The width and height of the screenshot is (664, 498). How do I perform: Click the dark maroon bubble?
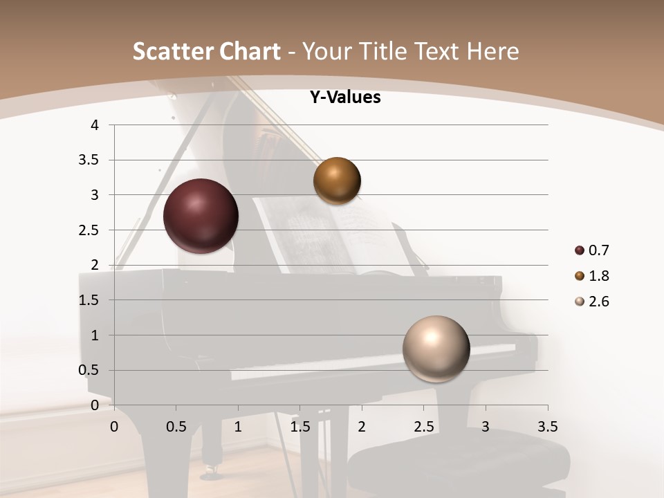[x=201, y=216]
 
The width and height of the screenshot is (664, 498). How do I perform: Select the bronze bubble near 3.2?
[x=337, y=181]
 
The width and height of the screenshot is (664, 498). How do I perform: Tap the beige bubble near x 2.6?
[x=436, y=349]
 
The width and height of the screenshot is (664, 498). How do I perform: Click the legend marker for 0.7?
[x=579, y=250]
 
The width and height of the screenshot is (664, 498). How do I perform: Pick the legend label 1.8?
[x=598, y=276]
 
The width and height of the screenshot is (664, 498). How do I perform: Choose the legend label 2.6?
[x=598, y=302]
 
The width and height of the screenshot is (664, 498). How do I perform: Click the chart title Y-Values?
[x=345, y=98]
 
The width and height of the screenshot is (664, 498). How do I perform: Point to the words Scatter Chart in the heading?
[x=206, y=51]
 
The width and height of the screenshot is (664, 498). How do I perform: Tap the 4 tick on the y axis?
[x=95, y=125]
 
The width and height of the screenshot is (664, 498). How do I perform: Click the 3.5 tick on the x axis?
[x=548, y=427]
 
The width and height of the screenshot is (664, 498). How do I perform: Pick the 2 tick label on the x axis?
[x=362, y=427]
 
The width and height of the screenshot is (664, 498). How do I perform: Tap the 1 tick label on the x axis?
[x=238, y=427]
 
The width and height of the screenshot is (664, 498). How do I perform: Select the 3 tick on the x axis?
[x=486, y=427]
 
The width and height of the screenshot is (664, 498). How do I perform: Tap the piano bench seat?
[x=456, y=456]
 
